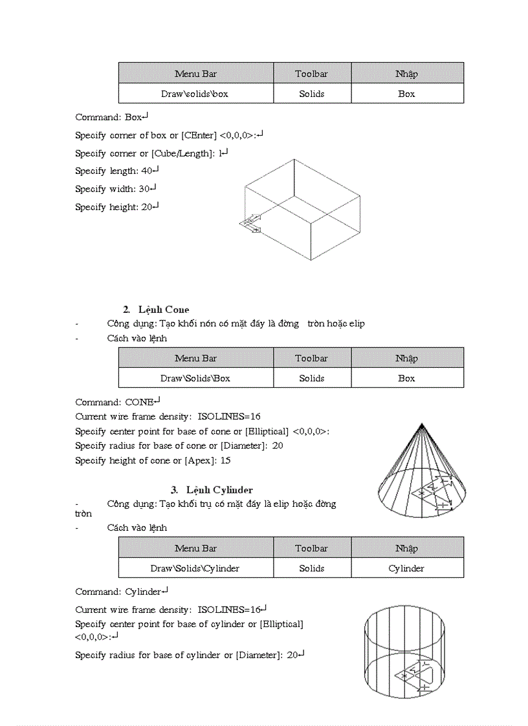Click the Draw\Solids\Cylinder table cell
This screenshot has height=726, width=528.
point(195,568)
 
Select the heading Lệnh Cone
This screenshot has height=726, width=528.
point(164,310)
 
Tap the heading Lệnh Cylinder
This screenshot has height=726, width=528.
point(219,490)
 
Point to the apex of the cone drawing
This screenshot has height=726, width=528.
point(422,425)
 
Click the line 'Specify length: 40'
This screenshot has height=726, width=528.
point(116,171)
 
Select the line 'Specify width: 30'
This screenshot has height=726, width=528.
point(116,189)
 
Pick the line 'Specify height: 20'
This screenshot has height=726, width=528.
point(116,208)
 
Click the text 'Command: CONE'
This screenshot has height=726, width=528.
point(117,402)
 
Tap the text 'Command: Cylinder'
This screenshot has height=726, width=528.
point(122,592)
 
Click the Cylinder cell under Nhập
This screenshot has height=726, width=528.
point(406,568)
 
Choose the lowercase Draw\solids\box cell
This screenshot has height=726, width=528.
point(195,94)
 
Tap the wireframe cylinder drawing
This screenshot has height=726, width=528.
point(404,653)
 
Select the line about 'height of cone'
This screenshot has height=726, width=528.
point(153,461)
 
